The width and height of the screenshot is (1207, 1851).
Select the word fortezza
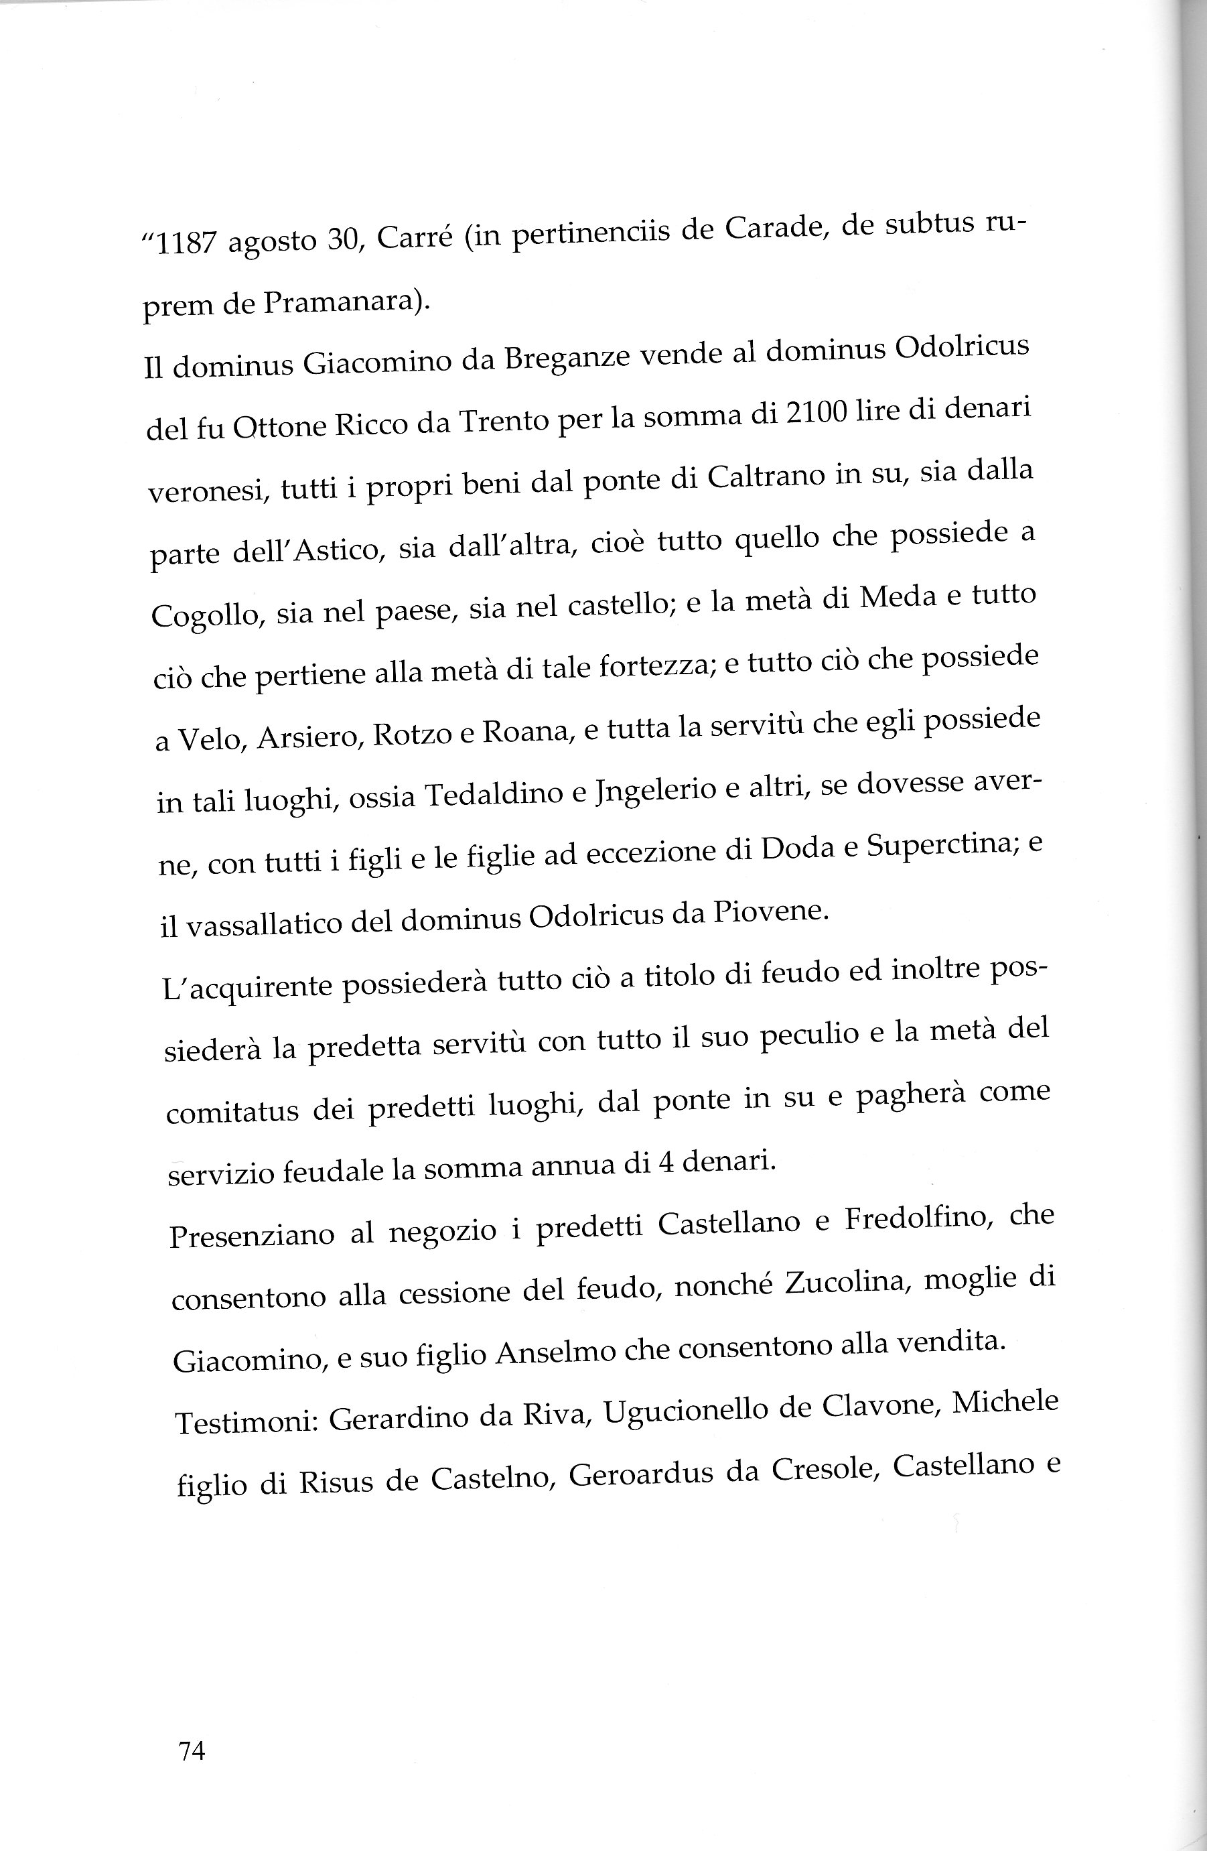point(650,668)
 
